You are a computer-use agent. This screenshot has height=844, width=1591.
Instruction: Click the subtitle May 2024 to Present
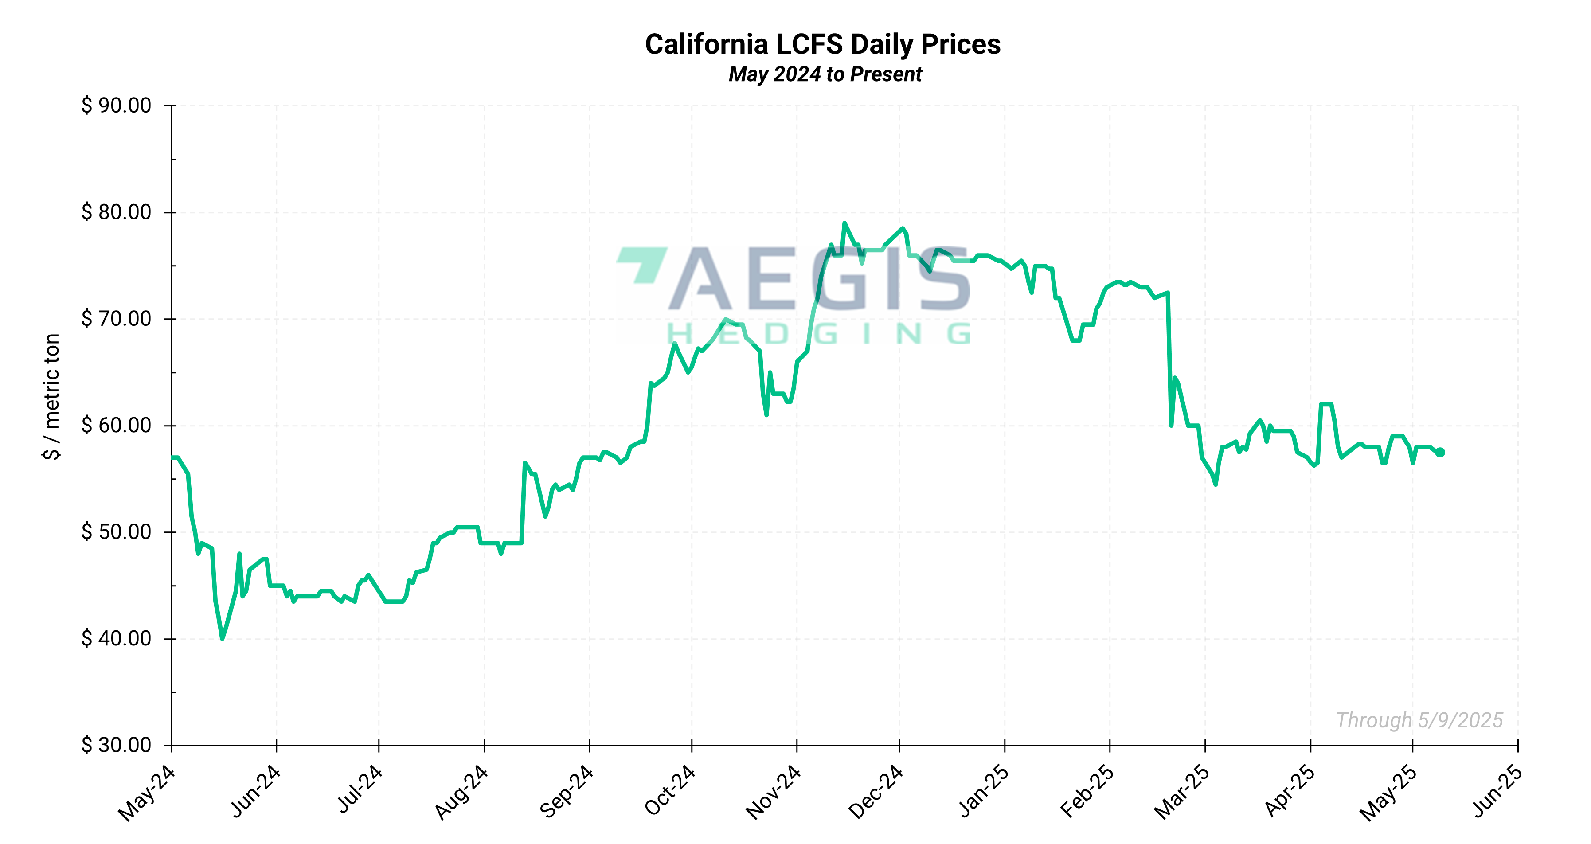pyautogui.click(x=825, y=74)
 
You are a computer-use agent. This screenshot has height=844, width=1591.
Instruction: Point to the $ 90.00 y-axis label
pyautogui.click(x=116, y=105)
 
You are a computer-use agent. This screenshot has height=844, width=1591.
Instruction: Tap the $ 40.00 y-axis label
pyautogui.click(x=116, y=638)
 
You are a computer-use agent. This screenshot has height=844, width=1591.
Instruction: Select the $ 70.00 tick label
pyautogui.click(x=116, y=319)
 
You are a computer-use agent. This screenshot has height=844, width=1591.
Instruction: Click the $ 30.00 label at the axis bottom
pyautogui.click(x=116, y=745)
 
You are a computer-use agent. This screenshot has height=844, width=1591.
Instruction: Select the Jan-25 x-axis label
pyautogui.click(x=983, y=792)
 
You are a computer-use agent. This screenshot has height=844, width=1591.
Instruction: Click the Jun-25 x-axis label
pyautogui.click(x=1497, y=792)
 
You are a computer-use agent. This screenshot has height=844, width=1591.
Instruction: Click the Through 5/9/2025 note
pyautogui.click(x=1419, y=720)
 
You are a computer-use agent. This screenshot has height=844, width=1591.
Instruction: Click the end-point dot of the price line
pyautogui.click(x=1440, y=453)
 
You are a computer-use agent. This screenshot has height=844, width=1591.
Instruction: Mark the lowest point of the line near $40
pyautogui.click(x=223, y=638)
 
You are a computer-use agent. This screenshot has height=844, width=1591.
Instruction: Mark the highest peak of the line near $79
pyautogui.click(x=844, y=223)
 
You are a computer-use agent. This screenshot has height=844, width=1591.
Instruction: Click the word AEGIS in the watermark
pyautogui.click(x=820, y=279)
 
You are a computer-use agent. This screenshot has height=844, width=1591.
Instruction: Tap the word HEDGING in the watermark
pyautogui.click(x=819, y=335)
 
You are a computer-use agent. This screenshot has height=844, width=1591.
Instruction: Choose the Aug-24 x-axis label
pyautogui.click(x=461, y=793)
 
